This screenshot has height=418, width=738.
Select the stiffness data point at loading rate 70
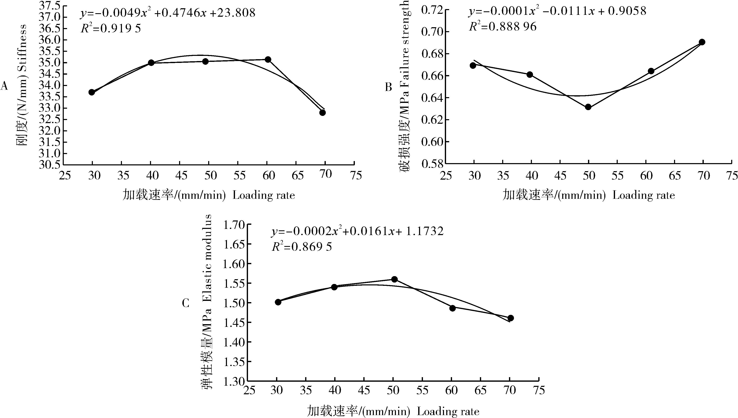322,113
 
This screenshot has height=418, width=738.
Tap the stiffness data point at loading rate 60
268,59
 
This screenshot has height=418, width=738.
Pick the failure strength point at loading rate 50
588,107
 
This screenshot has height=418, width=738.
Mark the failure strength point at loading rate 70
702,42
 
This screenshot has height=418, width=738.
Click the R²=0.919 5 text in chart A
111,29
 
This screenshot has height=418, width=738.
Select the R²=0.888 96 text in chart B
503,27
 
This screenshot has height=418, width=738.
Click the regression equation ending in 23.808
168,13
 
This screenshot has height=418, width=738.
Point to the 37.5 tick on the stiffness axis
51,6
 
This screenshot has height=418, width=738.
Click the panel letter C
185,303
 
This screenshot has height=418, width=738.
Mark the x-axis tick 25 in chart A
65,175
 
